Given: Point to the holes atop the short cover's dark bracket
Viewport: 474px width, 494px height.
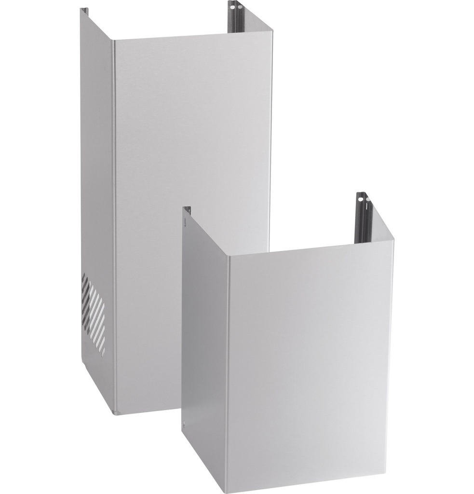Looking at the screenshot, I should pos(363,197).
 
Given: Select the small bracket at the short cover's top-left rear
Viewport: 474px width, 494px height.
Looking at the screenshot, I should pos(187,210).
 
